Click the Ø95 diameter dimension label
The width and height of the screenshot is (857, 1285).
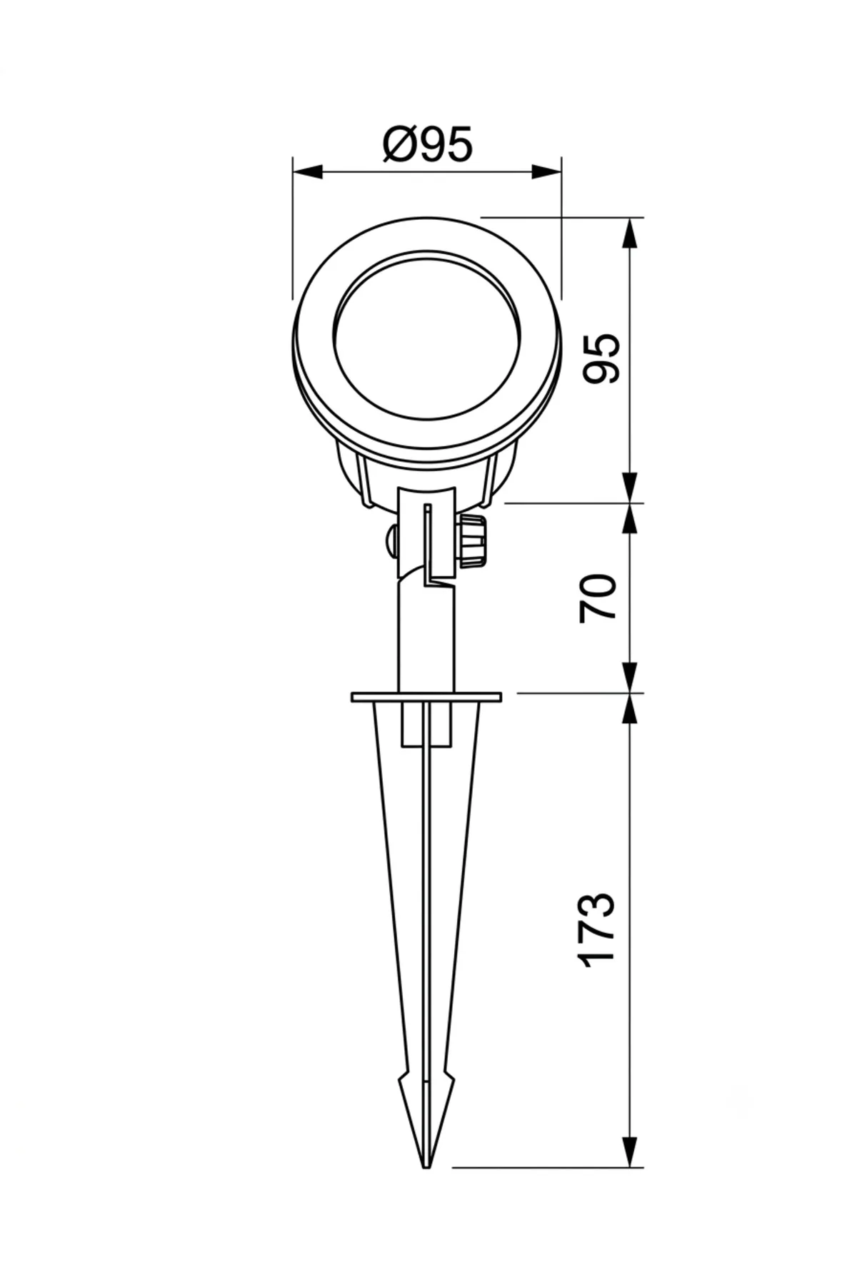[x=427, y=145]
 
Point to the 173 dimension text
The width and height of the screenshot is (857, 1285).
[x=598, y=929]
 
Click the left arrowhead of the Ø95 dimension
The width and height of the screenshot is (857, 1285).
[x=308, y=171]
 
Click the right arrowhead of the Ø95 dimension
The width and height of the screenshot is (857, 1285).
[x=546, y=171]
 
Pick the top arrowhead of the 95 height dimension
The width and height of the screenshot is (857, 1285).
[x=629, y=233]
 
